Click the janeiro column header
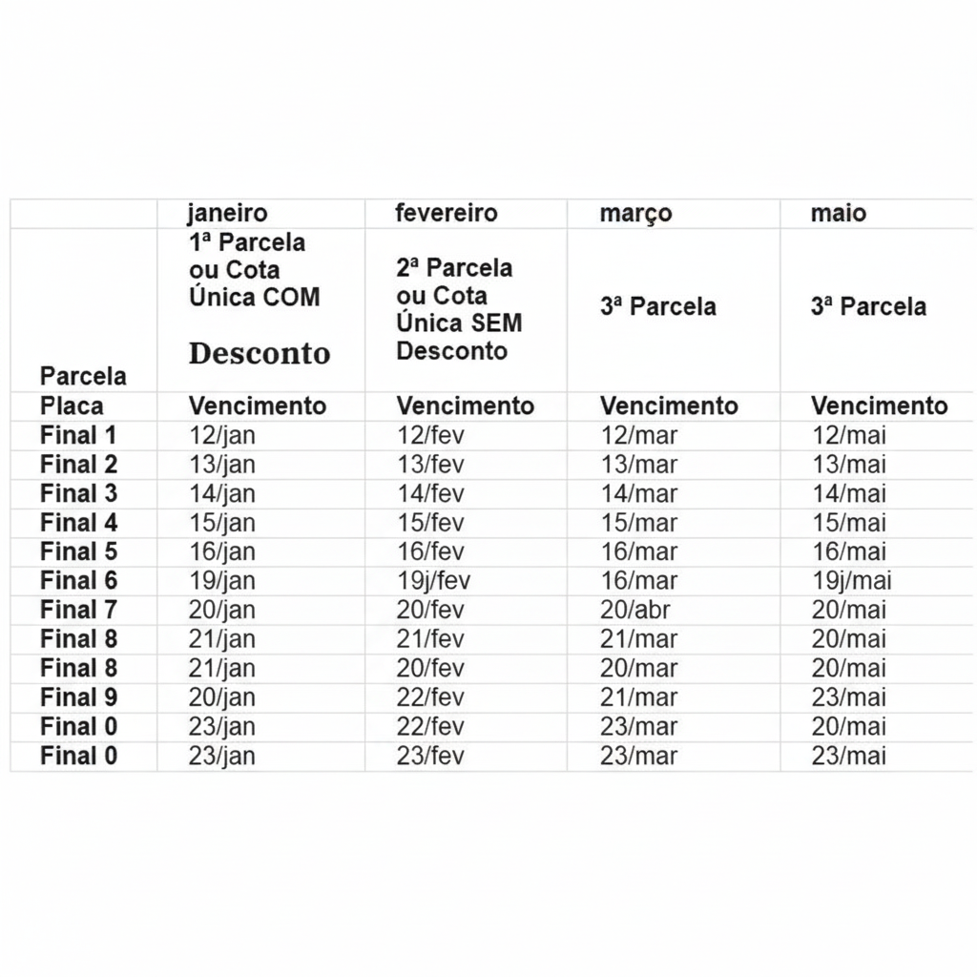227,213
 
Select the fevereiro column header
446,213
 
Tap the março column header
635,214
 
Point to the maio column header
839,213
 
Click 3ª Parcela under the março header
658,307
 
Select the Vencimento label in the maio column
879,406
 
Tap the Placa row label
72,406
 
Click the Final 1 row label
78,436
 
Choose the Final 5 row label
78,551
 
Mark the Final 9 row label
78,697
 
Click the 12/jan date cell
222,436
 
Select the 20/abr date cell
636,610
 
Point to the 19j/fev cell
433,581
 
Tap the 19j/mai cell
852,581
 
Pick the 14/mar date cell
638,494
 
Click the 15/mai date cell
848,523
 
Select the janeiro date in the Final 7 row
222,610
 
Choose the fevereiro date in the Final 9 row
430,697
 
